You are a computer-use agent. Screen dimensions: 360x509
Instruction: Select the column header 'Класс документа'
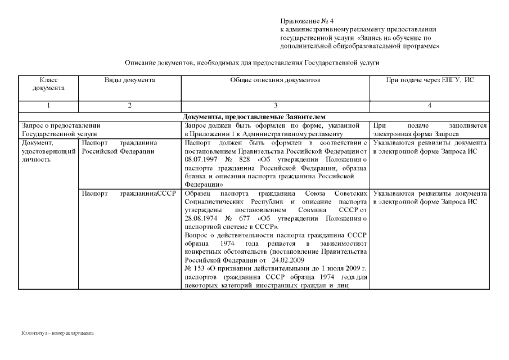(48, 84)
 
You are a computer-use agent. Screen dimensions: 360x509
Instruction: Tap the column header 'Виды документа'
(129, 80)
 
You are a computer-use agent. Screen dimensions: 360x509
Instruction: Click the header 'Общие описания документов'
(275, 80)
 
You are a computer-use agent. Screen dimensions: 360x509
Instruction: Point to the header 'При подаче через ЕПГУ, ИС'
(429, 80)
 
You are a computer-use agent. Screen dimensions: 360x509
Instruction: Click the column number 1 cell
(48, 106)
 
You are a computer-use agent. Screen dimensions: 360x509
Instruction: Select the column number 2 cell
(129, 106)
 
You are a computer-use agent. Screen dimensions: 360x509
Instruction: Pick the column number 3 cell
(275, 106)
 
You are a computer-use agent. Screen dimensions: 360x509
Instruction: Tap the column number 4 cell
(429, 106)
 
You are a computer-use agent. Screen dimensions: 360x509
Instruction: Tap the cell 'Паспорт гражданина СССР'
(129, 193)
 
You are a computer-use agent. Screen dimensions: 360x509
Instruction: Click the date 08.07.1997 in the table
(201, 160)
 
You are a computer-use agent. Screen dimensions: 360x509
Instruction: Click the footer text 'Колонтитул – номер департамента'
(57, 333)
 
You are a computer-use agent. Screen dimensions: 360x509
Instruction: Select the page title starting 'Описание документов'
(252, 63)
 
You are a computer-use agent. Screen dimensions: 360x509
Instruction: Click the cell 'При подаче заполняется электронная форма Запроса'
(429, 130)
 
